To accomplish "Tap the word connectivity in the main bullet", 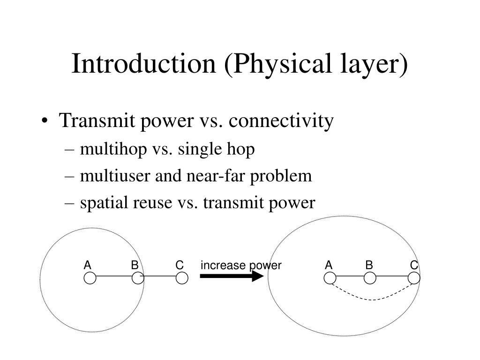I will [x=282, y=121].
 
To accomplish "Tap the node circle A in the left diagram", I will [x=90, y=278].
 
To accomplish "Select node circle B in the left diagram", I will [x=137, y=278].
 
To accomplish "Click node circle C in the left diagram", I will [x=182, y=278].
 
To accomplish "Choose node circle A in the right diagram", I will [x=330, y=278].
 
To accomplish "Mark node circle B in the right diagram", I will [x=370, y=278].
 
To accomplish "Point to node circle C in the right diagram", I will [x=414, y=278].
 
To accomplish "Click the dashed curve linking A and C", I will [x=373, y=299].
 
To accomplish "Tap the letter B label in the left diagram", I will [x=135, y=265].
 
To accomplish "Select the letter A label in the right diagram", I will [x=329, y=265].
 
